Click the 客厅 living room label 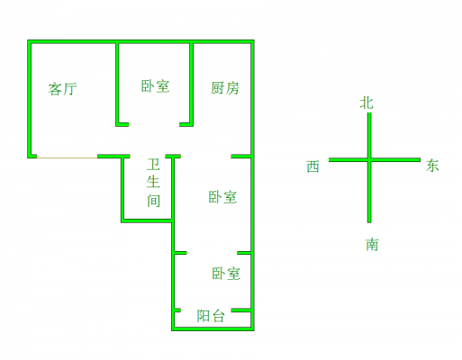click(x=63, y=89)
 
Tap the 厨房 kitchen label click(x=225, y=88)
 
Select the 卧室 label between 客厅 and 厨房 click(x=155, y=86)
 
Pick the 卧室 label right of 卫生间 click(x=222, y=197)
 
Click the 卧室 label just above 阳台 click(x=226, y=274)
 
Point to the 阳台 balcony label click(x=211, y=316)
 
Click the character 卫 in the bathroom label click(x=153, y=165)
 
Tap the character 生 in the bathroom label click(x=153, y=182)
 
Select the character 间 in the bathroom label click(x=153, y=201)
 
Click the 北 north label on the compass click(x=367, y=103)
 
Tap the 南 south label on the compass click(x=372, y=245)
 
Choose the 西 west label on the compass click(x=313, y=166)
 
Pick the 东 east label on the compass click(x=432, y=166)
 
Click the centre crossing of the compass click(x=369, y=160)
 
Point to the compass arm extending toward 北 click(x=369, y=135)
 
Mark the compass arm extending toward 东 click(x=395, y=160)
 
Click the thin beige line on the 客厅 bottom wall click(x=68, y=157)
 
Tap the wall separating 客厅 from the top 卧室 click(x=117, y=85)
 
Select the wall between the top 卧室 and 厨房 click(x=191, y=85)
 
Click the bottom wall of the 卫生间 click(x=147, y=221)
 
